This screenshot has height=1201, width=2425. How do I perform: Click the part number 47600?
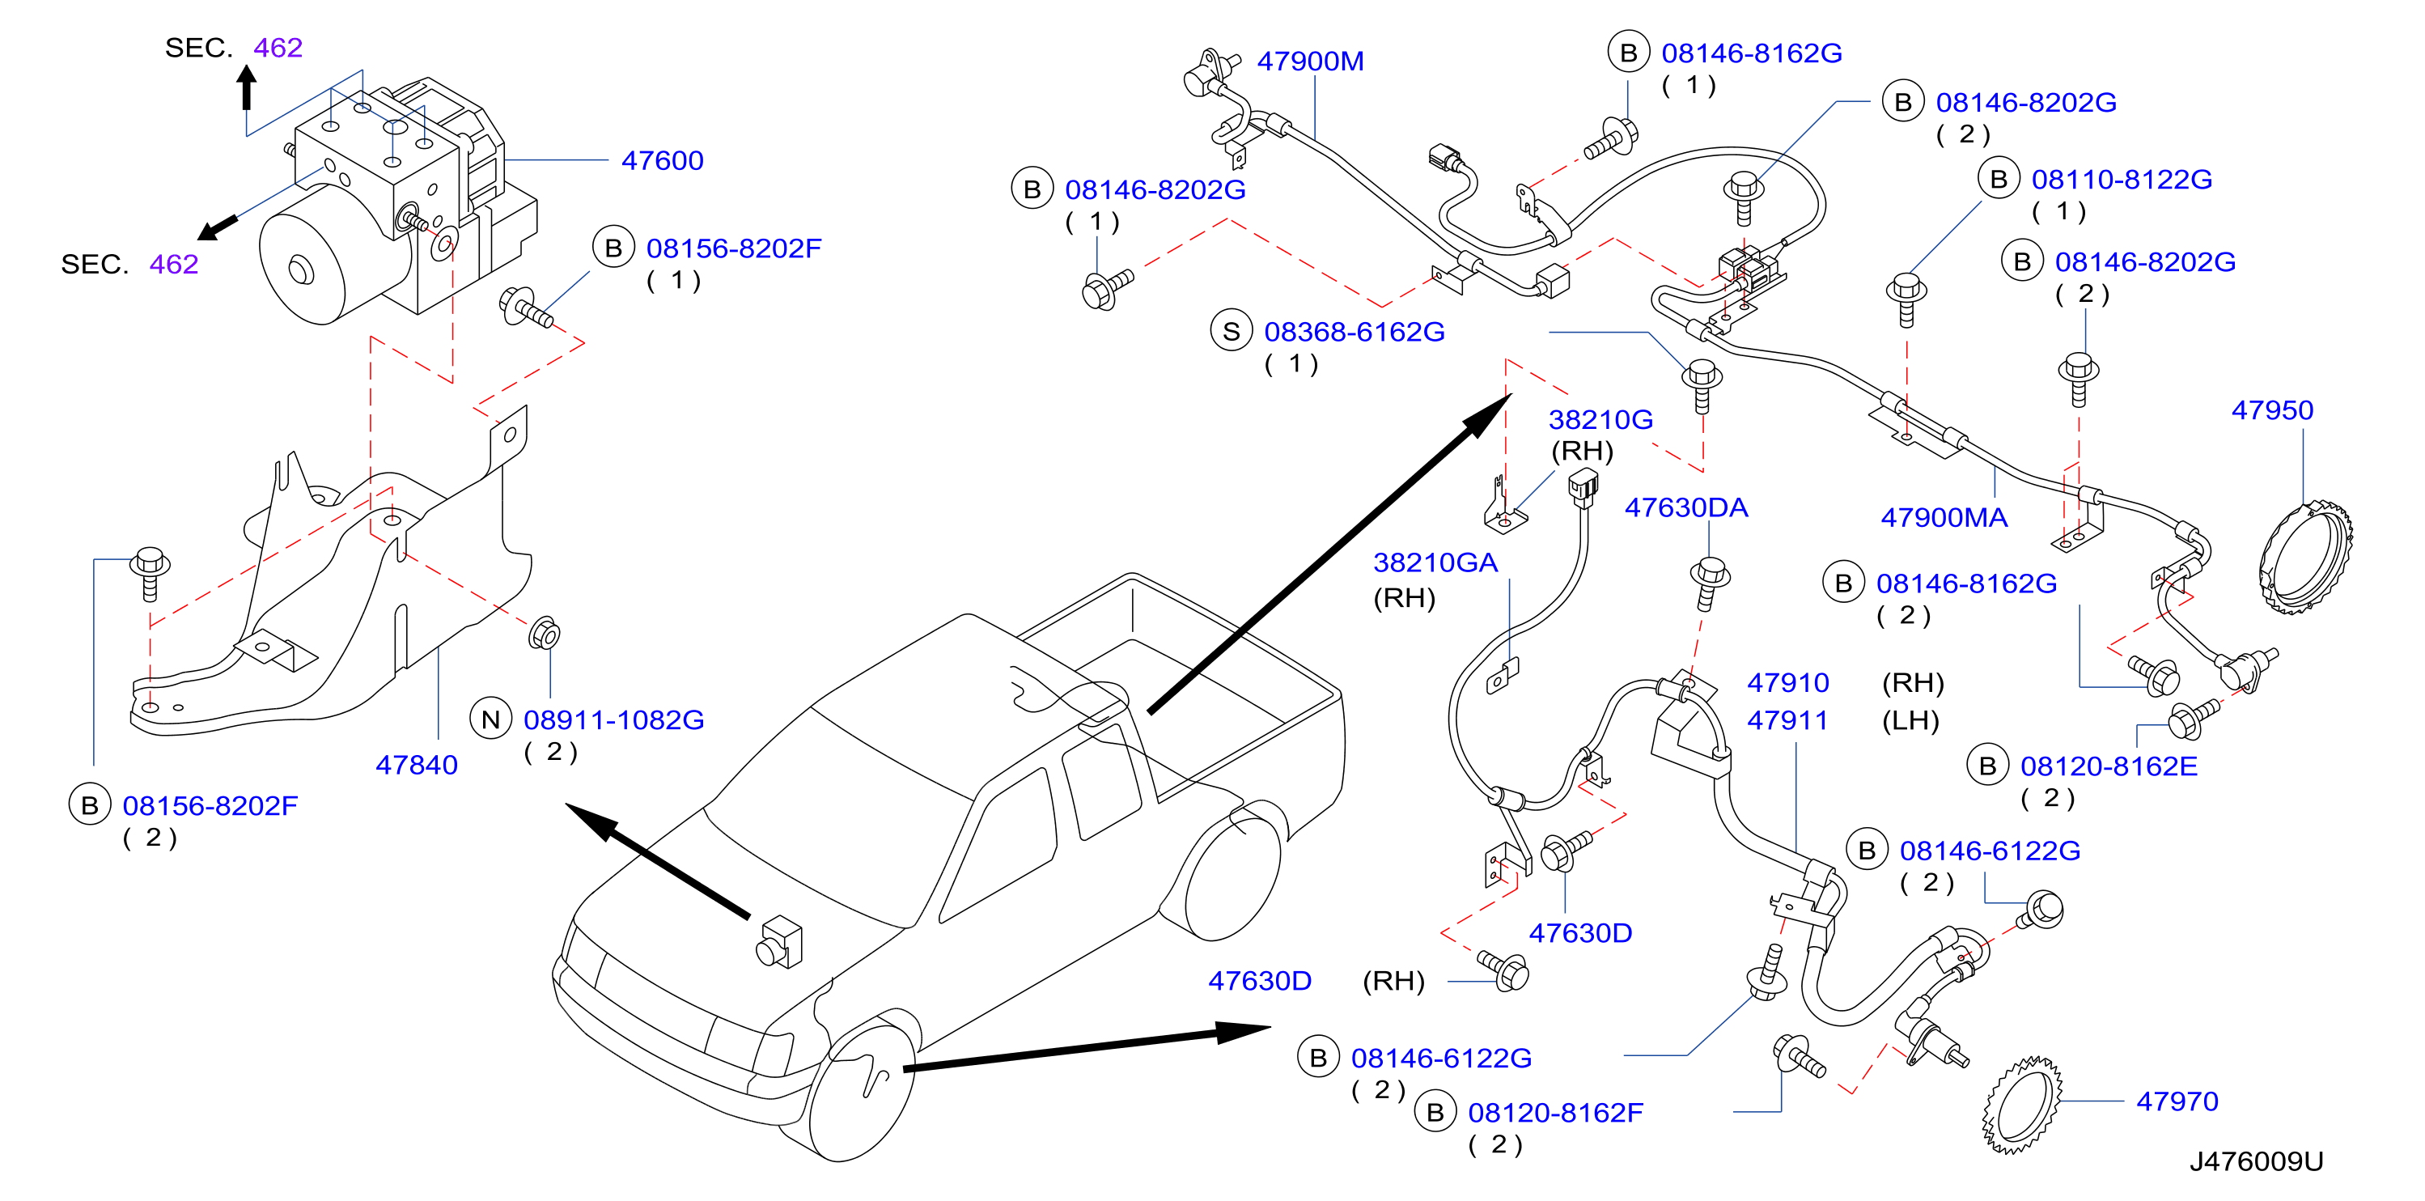(662, 161)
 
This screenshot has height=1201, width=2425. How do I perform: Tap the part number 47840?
(416, 766)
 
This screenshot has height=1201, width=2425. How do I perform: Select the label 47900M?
(1310, 62)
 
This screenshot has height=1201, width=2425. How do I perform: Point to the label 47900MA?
(1944, 518)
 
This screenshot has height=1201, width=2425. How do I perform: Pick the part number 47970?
(2177, 1101)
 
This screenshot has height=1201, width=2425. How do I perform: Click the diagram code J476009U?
(2256, 1161)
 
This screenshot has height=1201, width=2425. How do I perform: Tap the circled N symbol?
(490, 720)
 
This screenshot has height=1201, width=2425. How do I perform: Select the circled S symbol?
(1232, 331)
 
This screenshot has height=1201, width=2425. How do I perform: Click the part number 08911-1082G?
(614, 720)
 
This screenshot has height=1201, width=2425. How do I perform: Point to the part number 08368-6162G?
(1354, 333)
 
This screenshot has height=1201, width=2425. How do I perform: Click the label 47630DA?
(1686, 508)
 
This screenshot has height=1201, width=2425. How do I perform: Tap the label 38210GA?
(1435, 562)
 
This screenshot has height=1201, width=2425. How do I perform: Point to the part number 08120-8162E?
(2109, 766)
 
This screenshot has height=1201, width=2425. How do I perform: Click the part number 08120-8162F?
(1555, 1113)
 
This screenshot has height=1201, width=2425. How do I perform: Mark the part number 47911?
(1787, 721)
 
